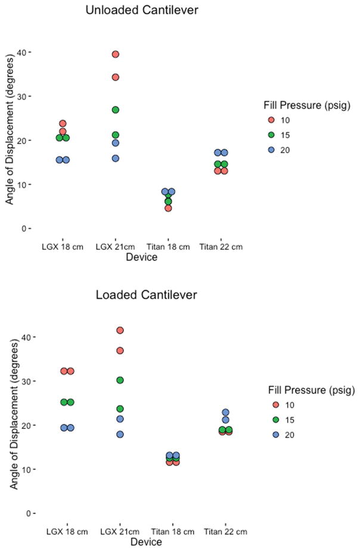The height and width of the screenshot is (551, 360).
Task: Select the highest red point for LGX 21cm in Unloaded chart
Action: click(x=116, y=54)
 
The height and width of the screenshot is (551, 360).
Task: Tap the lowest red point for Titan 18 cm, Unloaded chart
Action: click(x=168, y=208)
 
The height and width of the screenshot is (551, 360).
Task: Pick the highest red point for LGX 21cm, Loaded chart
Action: click(x=120, y=330)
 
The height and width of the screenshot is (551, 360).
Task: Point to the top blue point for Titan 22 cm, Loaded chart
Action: click(x=225, y=412)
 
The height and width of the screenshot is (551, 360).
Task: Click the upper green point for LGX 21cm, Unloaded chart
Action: click(x=116, y=110)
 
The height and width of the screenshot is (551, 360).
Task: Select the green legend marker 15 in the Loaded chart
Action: click(x=275, y=420)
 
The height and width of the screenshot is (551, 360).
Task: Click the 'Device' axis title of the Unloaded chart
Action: click(x=142, y=257)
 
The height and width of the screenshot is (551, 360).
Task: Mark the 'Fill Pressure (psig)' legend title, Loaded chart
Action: click(x=310, y=390)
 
